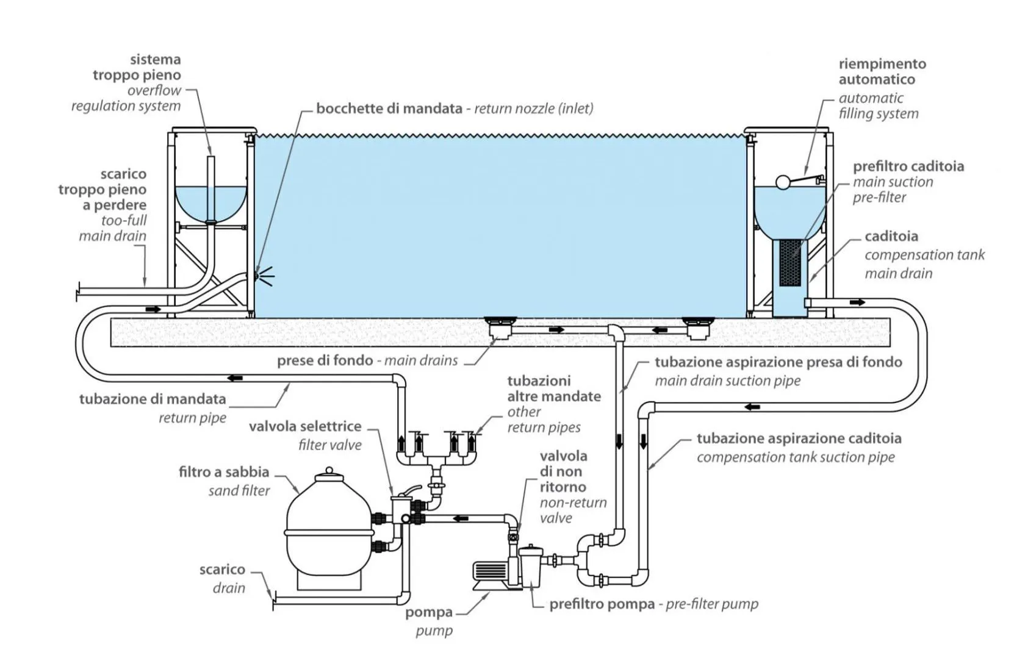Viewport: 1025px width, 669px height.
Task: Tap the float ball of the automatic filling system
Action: click(782, 182)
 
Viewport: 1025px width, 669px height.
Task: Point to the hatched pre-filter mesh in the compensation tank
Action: click(790, 262)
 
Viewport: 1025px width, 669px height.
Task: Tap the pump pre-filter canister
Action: click(530, 567)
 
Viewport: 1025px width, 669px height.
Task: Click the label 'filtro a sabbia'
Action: click(224, 472)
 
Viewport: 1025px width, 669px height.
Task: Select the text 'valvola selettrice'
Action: click(305, 427)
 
